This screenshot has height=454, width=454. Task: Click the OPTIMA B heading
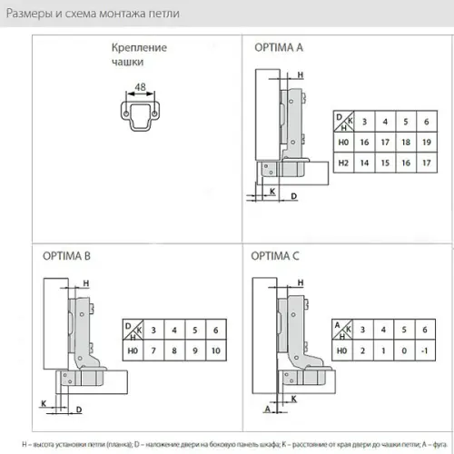(66, 256)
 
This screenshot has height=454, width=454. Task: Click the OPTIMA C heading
(275, 256)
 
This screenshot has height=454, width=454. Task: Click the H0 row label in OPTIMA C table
(342, 350)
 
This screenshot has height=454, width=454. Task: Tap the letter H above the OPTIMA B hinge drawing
(85, 284)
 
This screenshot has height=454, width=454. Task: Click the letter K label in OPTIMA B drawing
(43, 401)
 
